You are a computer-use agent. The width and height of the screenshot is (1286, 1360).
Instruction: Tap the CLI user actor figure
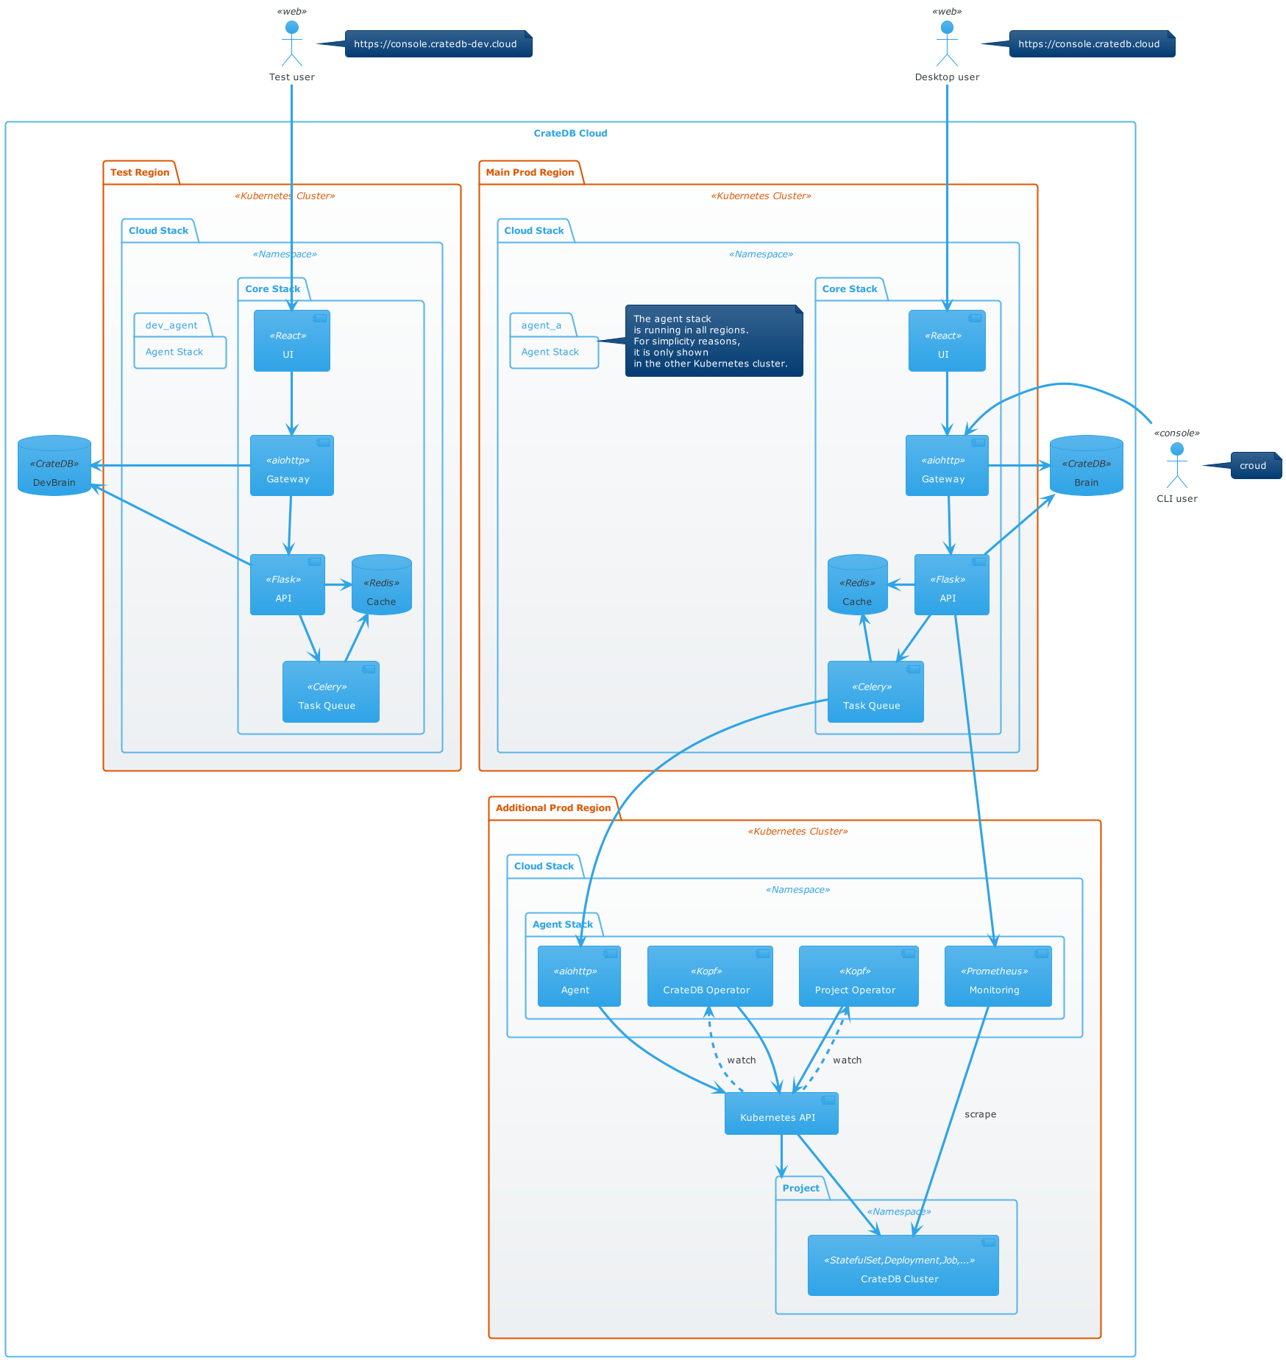pyautogui.click(x=1177, y=466)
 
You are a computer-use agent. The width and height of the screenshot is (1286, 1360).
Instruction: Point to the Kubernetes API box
pyautogui.click(x=781, y=1113)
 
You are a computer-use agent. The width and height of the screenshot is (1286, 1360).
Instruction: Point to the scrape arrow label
pyautogui.click(x=980, y=1114)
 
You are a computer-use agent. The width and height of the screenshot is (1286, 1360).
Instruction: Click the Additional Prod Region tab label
pyautogui.click(x=553, y=808)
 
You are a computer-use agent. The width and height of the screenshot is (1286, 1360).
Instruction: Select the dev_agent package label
pyautogui.click(x=171, y=325)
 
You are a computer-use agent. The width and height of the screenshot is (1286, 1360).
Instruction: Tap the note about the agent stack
pyautogui.click(x=714, y=341)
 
